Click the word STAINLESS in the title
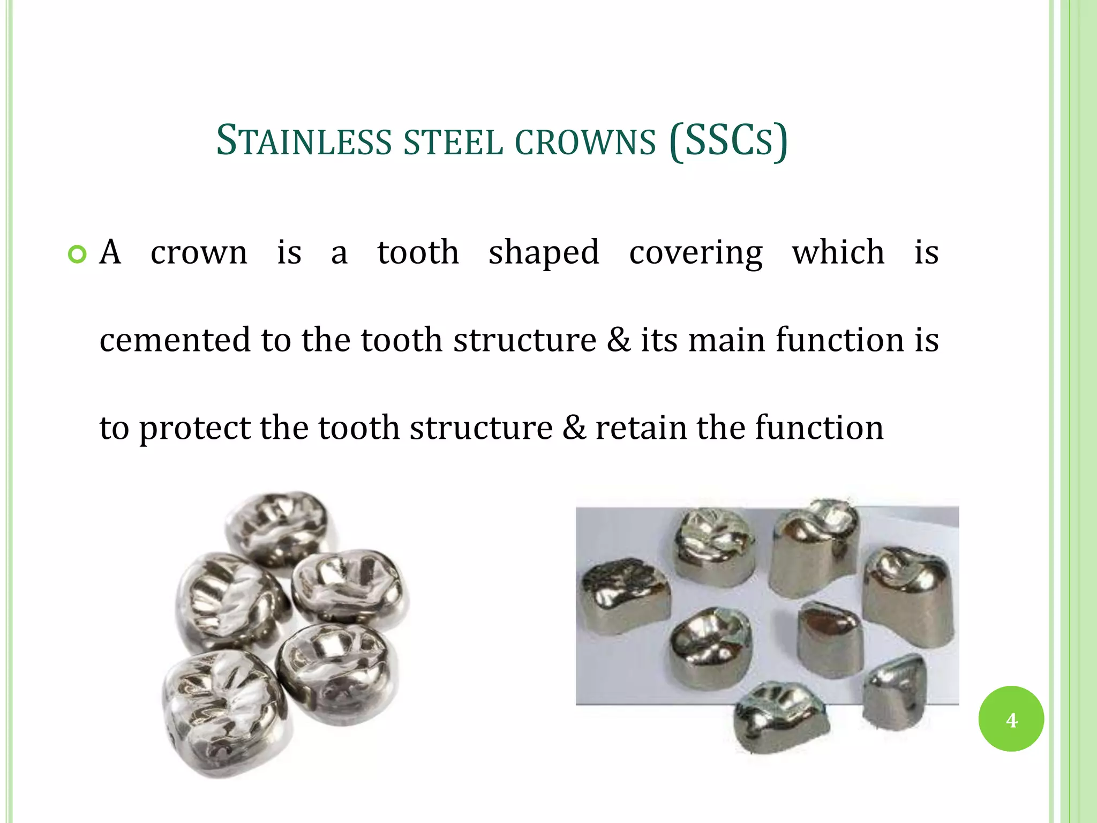tap(304, 141)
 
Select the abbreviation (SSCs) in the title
tap(728, 141)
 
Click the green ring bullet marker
tap(77, 255)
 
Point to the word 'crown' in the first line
tap(199, 252)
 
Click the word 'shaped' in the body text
tap(544, 252)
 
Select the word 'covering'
tap(696, 252)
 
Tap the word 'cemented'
tap(174, 340)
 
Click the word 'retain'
tap(641, 428)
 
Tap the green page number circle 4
tap(1011, 719)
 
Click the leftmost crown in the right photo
tap(624, 595)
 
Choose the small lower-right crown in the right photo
tap(895, 691)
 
